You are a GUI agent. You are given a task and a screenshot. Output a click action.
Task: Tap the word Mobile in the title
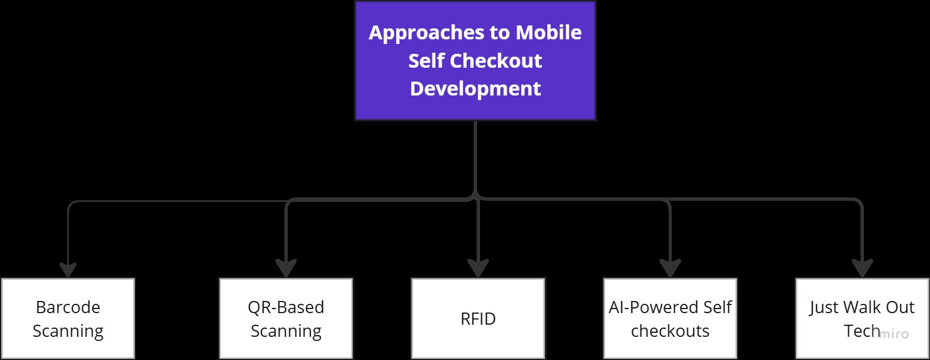click(548, 33)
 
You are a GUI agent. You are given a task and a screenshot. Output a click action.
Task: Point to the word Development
click(475, 89)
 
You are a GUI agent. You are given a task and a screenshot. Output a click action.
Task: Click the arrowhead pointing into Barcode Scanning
click(68, 270)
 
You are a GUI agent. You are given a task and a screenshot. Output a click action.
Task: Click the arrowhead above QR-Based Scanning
click(286, 268)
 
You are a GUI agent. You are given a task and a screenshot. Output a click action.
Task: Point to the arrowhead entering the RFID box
click(478, 268)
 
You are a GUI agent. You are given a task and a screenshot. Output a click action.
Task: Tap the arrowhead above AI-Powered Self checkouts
click(670, 268)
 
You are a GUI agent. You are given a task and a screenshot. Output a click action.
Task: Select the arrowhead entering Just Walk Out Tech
click(862, 268)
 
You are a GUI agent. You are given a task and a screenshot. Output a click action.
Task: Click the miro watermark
click(894, 334)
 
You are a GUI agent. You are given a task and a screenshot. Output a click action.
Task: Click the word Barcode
click(68, 307)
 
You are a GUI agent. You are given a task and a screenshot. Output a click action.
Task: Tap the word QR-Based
click(285, 307)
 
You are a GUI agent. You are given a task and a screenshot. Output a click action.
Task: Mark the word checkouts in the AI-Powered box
click(670, 331)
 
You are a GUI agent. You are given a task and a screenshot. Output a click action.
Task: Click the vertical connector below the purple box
click(475, 156)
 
